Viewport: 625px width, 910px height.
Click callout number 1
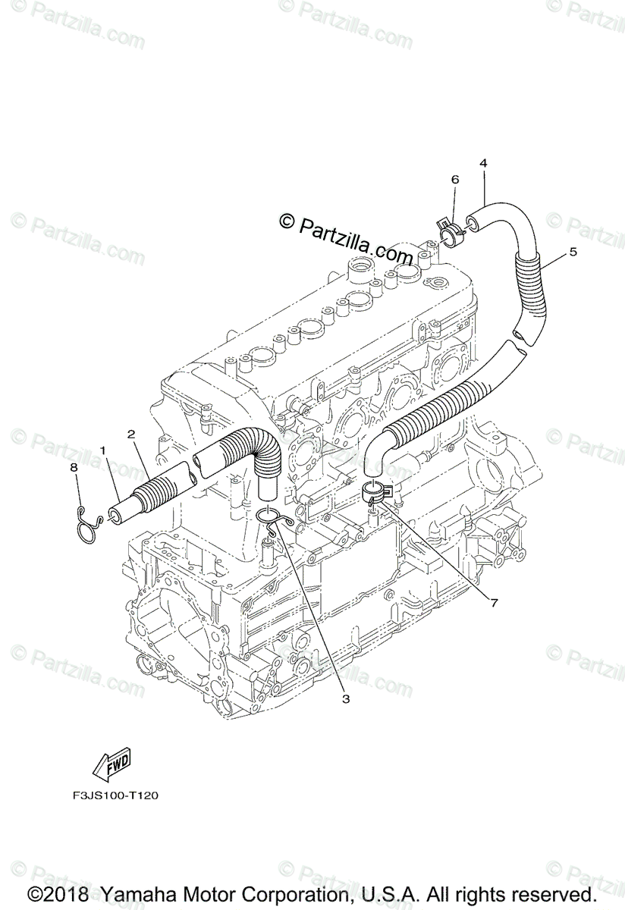click(102, 450)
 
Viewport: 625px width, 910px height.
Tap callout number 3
click(345, 698)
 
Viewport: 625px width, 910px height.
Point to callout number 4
click(483, 163)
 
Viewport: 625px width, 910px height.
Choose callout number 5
click(573, 252)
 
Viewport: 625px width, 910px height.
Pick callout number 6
click(455, 180)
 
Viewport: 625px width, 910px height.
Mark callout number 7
click(493, 603)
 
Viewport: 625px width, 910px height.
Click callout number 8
click(74, 468)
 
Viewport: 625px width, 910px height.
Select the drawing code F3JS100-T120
click(111, 795)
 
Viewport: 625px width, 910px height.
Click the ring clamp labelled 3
click(270, 517)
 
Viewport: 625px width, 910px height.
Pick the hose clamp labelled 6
click(449, 229)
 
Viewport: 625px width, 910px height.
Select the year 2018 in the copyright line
click(65, 894)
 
